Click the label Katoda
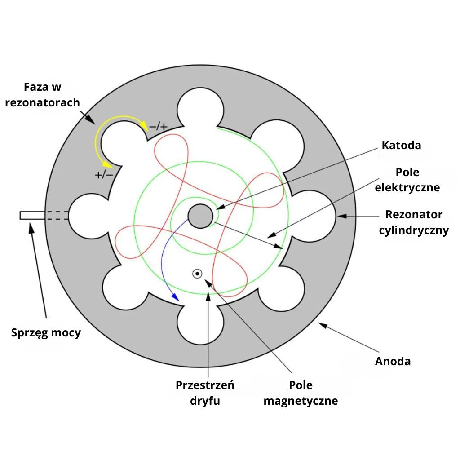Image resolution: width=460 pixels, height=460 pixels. point(401,145)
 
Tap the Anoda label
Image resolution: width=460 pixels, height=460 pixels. point(393,361)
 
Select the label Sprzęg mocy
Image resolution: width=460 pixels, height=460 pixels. point(46,333)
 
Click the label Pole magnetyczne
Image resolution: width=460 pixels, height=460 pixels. point(301,393)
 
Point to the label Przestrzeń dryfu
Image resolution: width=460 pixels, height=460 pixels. point(205,393)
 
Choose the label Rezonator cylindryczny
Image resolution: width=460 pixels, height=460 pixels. point(414,222)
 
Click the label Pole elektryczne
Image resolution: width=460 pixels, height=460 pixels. point(407,180)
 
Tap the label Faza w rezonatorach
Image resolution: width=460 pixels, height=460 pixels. point(42,95)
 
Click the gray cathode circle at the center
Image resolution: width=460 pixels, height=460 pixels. point(200,217)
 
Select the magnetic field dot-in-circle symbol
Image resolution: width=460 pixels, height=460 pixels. point(197,273)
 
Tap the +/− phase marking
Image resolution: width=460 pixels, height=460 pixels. point(104,174)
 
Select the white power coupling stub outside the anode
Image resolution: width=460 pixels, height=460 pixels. point(32,216)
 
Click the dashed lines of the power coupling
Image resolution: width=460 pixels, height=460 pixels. point(57,216)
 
